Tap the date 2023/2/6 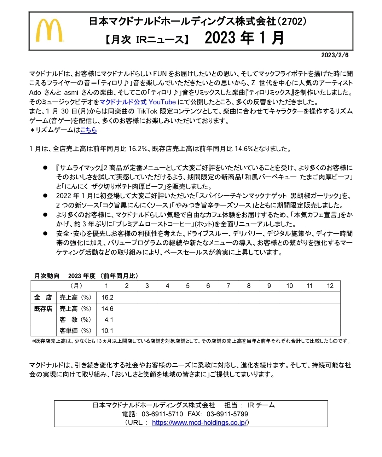(x=335, y=55)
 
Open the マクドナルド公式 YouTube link (x=138, y=102)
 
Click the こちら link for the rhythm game (x=88, y=130)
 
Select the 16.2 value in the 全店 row (x=108, y=297)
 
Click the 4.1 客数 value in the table (x=109, y=320)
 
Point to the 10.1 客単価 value (x=107, y=331)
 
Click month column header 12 (x=330, y=286)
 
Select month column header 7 (x=228, y=286)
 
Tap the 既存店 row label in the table (x=43, y=309)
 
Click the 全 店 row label (x=43, y=297)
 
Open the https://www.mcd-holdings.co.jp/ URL (x=199, y=423)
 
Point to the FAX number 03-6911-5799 (x=227, y=414)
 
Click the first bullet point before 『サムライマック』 (x=45, y=168)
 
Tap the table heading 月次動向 (x=47, y=276)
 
